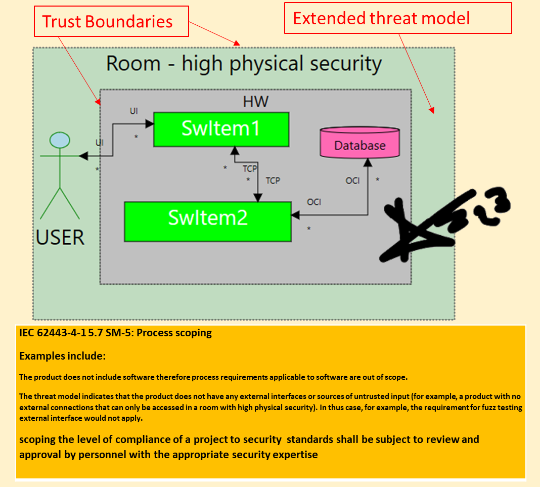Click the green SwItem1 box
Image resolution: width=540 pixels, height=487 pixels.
click(x=221, y=129)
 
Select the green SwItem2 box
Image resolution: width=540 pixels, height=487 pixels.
click(x=208, y=222)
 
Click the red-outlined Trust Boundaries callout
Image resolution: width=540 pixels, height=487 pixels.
click(x=111, y=21)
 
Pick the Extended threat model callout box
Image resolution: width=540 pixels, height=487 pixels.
click(x=398, y=18)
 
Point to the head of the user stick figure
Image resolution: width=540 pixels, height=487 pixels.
click(x=60, y=140)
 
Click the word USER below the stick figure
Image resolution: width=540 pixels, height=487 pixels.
click(x=60, y=237)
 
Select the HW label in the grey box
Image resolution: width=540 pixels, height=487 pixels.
click(x=255, y=102)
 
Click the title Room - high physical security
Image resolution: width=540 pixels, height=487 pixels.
click(x=244, y=64)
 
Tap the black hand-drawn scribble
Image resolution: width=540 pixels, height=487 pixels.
click(x=435, y=223)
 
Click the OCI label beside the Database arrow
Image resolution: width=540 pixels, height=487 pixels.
click(x=352, y=181)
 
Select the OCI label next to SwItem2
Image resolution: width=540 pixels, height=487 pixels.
click(x=314, y=202)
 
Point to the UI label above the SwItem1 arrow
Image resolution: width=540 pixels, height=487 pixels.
click(x=133, y=111)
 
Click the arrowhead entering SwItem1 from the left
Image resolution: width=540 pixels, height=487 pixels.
click(x=150, y=123)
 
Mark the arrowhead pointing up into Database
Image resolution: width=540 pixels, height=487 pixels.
click(x=368, y=161)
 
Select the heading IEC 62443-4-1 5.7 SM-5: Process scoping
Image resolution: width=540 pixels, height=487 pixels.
click(x=115, y=333)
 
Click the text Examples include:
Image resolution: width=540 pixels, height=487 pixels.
click(x=62, y=356)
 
